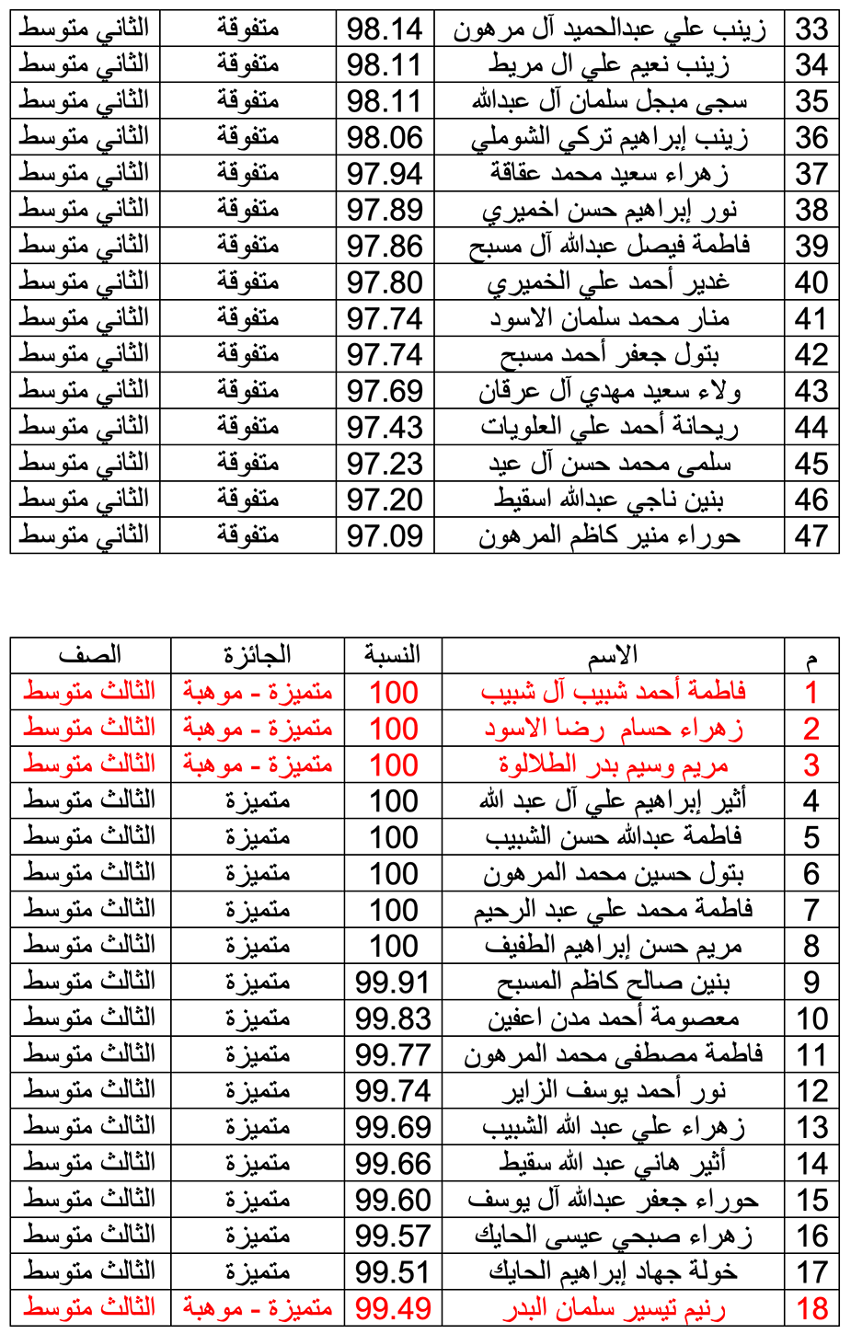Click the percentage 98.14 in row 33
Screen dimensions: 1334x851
(x=385, y=29)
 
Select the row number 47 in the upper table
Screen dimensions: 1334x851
(x=811, y=535)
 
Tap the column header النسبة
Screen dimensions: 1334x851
(x=393, y=655)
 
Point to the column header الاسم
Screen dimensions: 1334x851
(x=613, y=655)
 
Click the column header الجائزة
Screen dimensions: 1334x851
(x=258, y=655)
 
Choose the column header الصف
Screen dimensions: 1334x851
(x=89, y=655)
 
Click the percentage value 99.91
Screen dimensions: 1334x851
(x=393, y=983)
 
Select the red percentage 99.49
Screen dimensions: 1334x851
(x=393, y=1308)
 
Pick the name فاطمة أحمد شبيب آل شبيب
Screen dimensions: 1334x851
(x=613, y=692)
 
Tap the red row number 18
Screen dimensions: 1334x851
(x=811, y=1308)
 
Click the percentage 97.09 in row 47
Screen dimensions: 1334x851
(x=385, y=535)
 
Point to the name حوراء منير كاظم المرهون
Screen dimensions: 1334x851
(x=609, y=535)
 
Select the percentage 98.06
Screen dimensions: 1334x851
(x=385, y=138)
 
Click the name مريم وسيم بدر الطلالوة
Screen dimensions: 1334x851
(x=613, y=765)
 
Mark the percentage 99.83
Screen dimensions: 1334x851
(x=393, y=1018)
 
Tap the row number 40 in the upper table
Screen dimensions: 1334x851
(x=811, y=282)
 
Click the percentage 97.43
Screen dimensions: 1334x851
(x=385, y=427)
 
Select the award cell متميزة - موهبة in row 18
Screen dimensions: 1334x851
(x=258, y=1308)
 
